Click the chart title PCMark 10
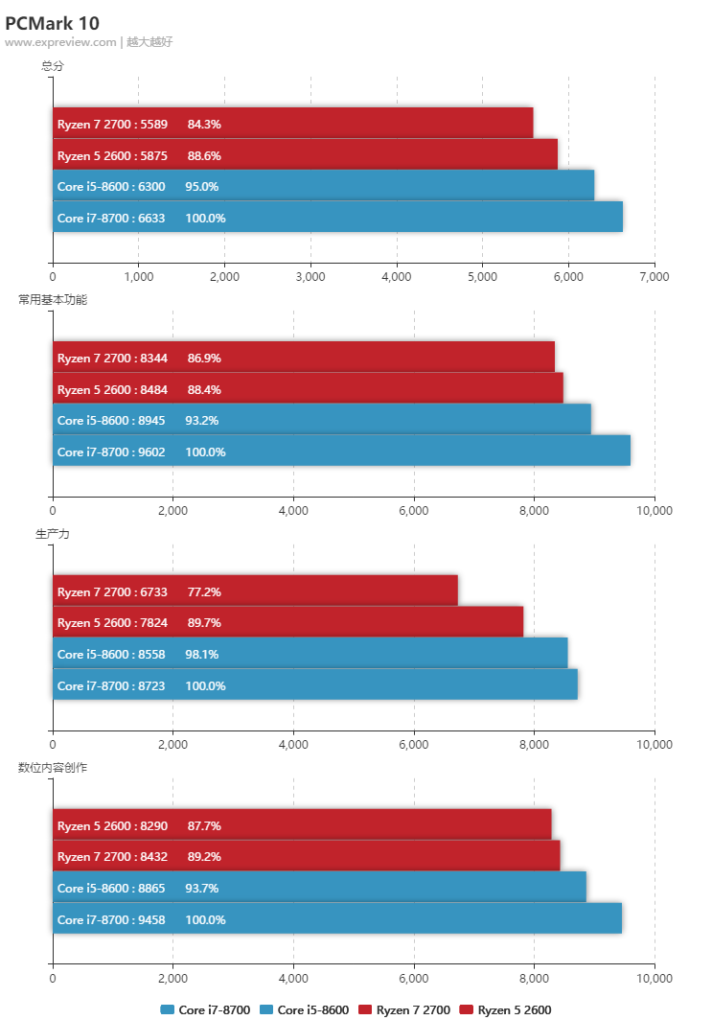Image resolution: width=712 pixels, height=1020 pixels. click(x=52, y=23)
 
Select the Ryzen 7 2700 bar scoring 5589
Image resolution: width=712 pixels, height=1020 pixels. click(x=292, y=124)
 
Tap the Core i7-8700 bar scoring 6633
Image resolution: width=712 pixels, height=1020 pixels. click(x=337, y=218)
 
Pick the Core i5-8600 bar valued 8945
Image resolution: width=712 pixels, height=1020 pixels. click(x=321, y=420)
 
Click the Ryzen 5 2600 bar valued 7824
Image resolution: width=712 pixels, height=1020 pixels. click(x=287, y=623)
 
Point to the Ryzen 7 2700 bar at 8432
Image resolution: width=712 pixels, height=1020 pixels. click(x=306, y=857)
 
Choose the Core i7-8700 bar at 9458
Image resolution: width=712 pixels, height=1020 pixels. click(x=336, y=919)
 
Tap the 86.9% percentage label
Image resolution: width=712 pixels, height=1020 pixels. click(x=204, y=359)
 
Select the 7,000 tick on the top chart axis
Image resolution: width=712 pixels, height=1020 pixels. click(x=654, y=277)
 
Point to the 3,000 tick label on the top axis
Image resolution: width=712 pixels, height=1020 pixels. click(x=310, y=277)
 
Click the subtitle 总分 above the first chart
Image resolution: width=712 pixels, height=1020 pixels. click(x=53, y=66)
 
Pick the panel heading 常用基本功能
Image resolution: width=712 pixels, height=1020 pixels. click(x=53, y=300)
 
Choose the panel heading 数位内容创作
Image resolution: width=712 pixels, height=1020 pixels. click(x=53, y=768)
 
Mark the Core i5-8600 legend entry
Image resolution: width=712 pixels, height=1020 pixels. click(x=305, y=1009)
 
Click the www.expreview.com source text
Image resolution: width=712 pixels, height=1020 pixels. click(x=60, y=42)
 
